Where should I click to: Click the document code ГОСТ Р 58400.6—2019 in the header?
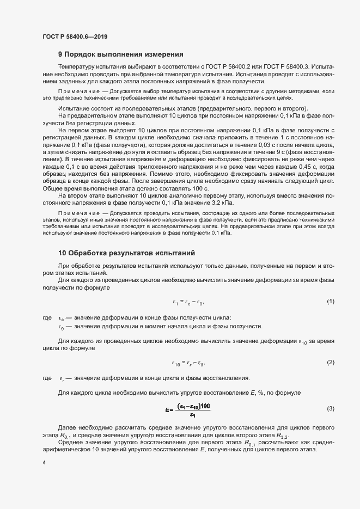tap(75, 36)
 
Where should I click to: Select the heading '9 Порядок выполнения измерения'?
tap(120, 54)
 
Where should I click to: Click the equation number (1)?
tap(330, 301)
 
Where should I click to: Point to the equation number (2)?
tap(330, 362)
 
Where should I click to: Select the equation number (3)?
tap(330, 408)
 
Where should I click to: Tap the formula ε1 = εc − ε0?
tap(188, 302)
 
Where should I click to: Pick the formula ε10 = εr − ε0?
tap(188, 363)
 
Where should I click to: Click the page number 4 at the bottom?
tap(44, 463)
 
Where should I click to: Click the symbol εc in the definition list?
tap(62, 318)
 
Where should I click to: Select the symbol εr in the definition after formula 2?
tap(62, 378)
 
